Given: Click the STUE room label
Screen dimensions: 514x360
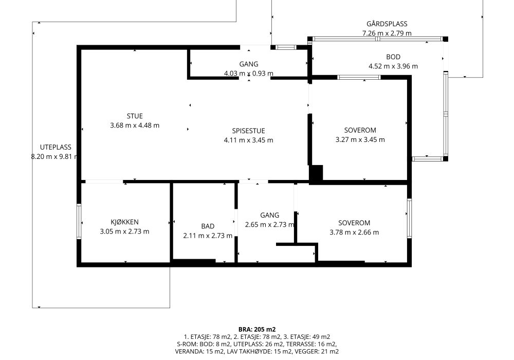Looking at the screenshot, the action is tap(135, 116).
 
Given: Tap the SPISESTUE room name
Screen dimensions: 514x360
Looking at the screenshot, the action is tap(248, 131).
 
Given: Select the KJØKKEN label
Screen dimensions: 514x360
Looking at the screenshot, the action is tap(124, 222).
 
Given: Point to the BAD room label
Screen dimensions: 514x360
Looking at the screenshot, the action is tap(208, 226).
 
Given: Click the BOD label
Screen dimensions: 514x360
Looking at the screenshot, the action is tap(393, 57).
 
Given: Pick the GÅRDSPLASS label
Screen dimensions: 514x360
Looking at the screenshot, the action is tap(387, 24).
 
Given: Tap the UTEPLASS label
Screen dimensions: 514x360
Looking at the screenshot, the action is tap(56, 147).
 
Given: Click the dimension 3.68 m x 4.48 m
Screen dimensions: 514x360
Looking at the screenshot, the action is tap(135, 125).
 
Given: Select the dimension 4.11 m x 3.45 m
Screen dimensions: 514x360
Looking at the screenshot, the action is tap(248, 140).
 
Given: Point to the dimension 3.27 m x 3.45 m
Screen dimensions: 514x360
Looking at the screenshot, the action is tap(360, 140).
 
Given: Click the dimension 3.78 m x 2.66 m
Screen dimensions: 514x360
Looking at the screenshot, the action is tap(354, 232).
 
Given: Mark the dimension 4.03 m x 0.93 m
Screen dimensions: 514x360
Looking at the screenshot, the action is tap(248, 74).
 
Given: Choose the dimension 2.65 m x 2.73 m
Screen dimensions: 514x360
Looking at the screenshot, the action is tap(269, 225).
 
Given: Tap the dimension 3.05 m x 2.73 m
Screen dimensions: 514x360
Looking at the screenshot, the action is tap(124, 231).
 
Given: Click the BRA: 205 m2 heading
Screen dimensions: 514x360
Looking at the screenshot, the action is tap(257, 330).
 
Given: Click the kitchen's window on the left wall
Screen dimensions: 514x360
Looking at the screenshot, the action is tap(79, 221).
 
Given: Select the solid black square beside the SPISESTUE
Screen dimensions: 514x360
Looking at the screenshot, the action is tap(316, 173).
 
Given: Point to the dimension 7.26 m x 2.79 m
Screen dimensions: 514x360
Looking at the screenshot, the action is tap(387, 33).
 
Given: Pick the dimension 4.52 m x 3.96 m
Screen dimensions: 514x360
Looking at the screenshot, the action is tap(393, 66).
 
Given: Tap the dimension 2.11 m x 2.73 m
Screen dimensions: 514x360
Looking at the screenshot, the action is tap(208, 236).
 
